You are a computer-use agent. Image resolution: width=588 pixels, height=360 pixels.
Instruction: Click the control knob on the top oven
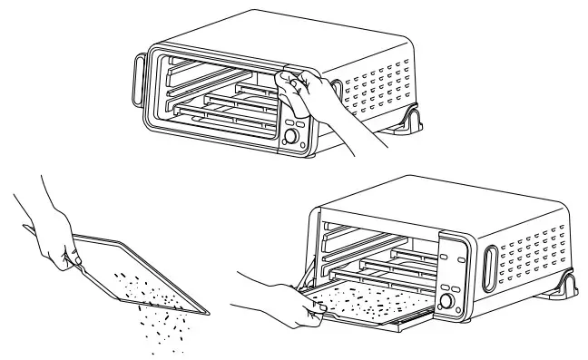point(292,138)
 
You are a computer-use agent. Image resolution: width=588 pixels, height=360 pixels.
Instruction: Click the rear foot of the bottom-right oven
point(570,283)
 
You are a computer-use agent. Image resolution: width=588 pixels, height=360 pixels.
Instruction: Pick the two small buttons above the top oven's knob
point(294,122)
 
